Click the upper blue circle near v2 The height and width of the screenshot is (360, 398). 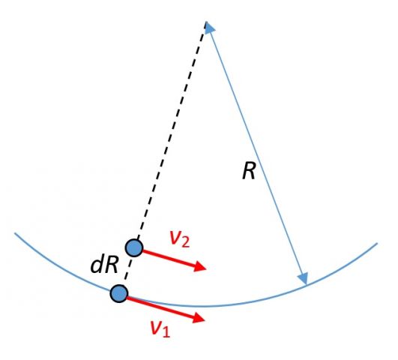(x=134, y=247)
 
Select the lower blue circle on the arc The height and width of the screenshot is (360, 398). (x=118, y=293)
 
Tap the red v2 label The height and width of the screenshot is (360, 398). (x=179, y=239)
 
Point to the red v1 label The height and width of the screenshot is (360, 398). (x=160, y=328)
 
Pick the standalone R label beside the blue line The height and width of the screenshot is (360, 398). (x=249, y=171)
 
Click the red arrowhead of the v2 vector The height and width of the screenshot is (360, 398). (x=200, y=266)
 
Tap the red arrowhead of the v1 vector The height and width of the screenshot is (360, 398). (x=199, y=317)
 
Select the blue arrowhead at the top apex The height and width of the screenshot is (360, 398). (x=209, y=27)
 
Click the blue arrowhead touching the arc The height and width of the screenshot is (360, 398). (x=303, y=278)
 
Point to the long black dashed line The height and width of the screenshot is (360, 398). (x=172, y=132)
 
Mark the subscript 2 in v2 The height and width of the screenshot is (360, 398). (x=186, y=242)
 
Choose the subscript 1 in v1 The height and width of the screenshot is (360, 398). (x=166, y=331)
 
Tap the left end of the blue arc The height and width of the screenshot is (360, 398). (x=15, y=233)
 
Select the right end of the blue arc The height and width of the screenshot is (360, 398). (x=377, y=244)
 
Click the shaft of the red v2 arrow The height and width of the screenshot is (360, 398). (x=169, y=258)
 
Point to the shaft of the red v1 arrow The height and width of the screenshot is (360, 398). (x=160, y=307)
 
